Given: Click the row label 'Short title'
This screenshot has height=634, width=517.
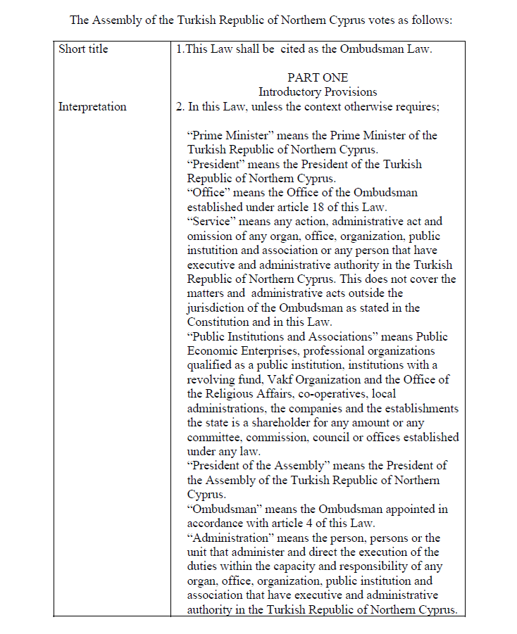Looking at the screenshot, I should click(x=83, y=49).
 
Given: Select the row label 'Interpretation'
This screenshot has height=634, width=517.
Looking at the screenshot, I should click(x=92, y=107).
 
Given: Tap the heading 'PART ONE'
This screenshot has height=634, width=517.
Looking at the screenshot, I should click(x=317, y=77).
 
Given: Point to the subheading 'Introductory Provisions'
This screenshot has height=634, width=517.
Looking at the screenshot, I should click(x=317, y=91).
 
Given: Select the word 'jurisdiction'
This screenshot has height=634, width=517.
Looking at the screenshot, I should click(x=218, y=308).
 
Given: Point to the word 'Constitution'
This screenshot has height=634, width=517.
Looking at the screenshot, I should click(x=220, y=322).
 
